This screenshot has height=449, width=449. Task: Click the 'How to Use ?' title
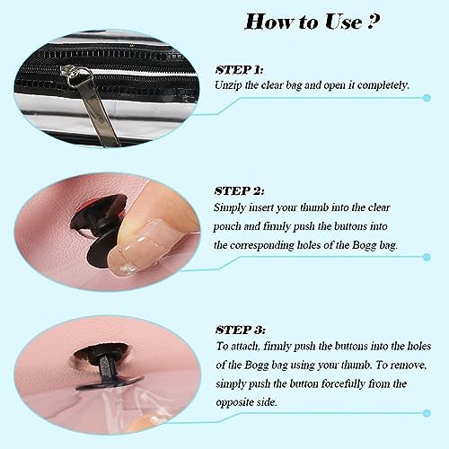313,22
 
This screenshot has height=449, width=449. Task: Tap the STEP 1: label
239,70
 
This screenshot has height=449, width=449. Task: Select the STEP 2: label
240,191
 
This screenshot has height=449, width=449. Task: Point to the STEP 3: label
241,330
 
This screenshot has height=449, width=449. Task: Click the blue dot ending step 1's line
427,98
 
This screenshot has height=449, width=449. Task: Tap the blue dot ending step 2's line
427,257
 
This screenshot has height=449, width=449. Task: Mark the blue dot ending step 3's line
427,413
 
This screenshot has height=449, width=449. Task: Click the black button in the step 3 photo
106,366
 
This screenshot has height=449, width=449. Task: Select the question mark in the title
374,21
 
